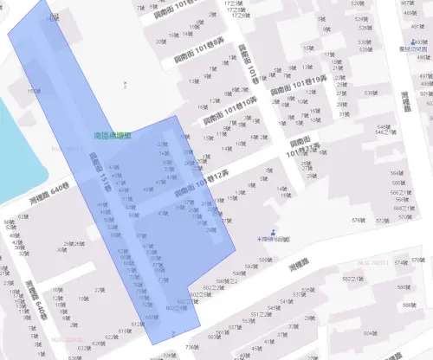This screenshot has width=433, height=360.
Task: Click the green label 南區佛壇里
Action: [x=112, y=137]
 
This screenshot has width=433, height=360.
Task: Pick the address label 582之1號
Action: [x=352, y=279]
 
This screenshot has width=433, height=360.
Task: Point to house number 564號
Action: [x=395, y=173]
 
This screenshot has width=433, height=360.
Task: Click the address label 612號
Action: [x=136, y=324]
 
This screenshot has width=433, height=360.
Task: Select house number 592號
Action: [x=252, y=267]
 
